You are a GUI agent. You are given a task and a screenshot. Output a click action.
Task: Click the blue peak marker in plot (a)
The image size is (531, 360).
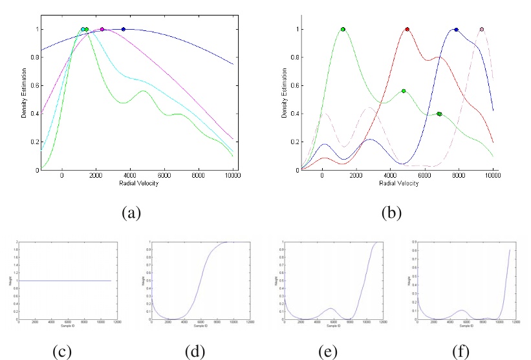(124, 29)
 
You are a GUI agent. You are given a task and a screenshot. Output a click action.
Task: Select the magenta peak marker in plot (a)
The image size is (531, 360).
(102, 29)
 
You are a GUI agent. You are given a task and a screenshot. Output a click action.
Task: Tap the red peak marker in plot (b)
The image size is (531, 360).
(407, 29)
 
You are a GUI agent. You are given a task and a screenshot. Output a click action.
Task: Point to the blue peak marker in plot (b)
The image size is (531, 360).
(456, 29)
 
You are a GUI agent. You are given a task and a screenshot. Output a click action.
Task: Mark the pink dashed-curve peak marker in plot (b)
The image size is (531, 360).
(482, 29)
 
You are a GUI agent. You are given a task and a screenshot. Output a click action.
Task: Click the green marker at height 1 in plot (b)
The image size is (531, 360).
(343, 29)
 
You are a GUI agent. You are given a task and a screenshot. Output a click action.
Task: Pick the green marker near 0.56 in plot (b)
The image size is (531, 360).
(403, 91)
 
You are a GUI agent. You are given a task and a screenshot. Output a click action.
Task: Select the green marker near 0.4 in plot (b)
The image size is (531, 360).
(439, 114)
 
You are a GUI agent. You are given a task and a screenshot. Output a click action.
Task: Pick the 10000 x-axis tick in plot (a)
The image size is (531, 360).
(232, 176)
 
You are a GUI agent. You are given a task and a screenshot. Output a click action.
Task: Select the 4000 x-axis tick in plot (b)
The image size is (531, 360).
(391, 176)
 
